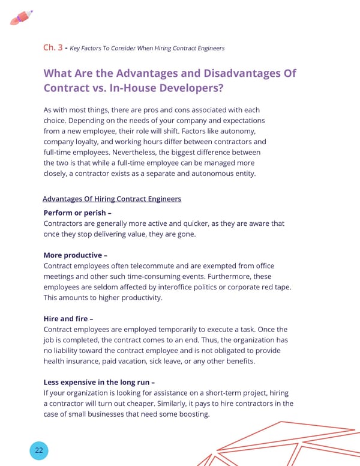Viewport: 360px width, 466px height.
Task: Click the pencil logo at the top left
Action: coord(21,17)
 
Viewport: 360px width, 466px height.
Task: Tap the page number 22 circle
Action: coord(38,450)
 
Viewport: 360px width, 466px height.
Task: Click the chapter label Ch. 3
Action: coord(53,47)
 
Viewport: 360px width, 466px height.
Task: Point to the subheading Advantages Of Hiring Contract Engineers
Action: coord(112,199)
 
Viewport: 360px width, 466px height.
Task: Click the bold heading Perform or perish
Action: coord(77,213)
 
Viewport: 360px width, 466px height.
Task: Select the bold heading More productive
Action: coord(75,255)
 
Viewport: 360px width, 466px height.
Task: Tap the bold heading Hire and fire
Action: coord(68,318)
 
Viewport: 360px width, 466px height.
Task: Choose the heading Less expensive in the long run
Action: coord(99,382)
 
